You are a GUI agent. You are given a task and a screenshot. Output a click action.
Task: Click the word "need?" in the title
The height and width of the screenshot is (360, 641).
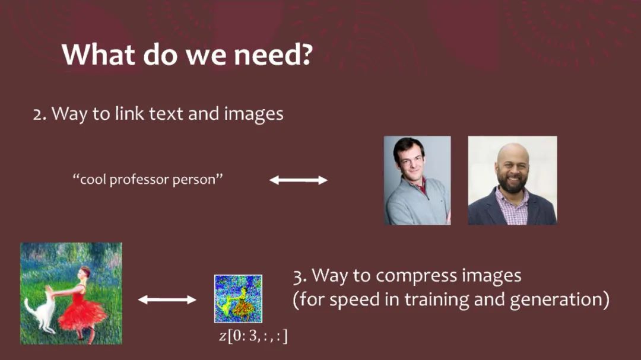click(x=273, y=55)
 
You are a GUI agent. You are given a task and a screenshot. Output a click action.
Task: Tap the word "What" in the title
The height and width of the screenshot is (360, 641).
click(x=98, y=55)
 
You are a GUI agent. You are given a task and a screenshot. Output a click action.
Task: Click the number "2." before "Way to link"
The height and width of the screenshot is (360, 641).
click(x=40, y=114)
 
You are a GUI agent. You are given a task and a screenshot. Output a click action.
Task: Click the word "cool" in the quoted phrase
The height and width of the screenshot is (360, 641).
click(x=93, y=179)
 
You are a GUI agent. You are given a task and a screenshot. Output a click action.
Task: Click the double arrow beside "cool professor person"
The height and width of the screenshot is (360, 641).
click(x=298, y=180)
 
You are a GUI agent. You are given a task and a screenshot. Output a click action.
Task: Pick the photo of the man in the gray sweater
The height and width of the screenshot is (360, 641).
click(x=417, y=180)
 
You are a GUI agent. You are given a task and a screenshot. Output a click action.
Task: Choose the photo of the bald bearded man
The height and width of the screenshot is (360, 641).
click(x=512, y=180)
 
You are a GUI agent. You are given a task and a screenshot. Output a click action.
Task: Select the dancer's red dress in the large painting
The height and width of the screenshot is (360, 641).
click(x=81, y=311)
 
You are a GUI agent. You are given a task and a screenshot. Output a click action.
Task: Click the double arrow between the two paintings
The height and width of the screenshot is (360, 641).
click(x=167, y=300)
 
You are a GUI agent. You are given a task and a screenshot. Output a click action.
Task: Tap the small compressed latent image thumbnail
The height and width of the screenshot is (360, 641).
click(x=239, y=299)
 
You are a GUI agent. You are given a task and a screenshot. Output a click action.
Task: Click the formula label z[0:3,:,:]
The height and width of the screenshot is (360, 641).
click(x=253, y=336)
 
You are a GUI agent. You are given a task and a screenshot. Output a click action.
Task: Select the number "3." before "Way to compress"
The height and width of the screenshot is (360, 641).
click(x=300, y=276)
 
